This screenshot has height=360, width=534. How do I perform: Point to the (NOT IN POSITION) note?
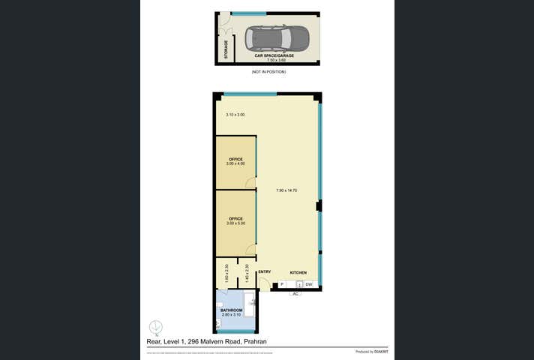click(268, 72)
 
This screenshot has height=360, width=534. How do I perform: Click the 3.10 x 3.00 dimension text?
click(235, 115)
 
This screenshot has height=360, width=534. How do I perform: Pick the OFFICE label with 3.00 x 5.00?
click(236, 221)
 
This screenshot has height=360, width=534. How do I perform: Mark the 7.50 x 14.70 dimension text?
click(287, 190)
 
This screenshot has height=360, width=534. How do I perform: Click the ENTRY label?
click(264, 271)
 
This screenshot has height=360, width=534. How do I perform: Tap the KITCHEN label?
click(298, 271)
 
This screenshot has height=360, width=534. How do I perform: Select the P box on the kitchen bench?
click(283, 284)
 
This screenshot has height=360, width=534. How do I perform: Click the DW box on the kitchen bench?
click(308, 284)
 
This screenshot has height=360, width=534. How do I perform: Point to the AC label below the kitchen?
click(295, 293)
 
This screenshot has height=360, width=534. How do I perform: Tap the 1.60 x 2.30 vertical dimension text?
click(226, 271)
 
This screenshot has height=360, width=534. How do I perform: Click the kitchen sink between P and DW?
click(298, 284)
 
